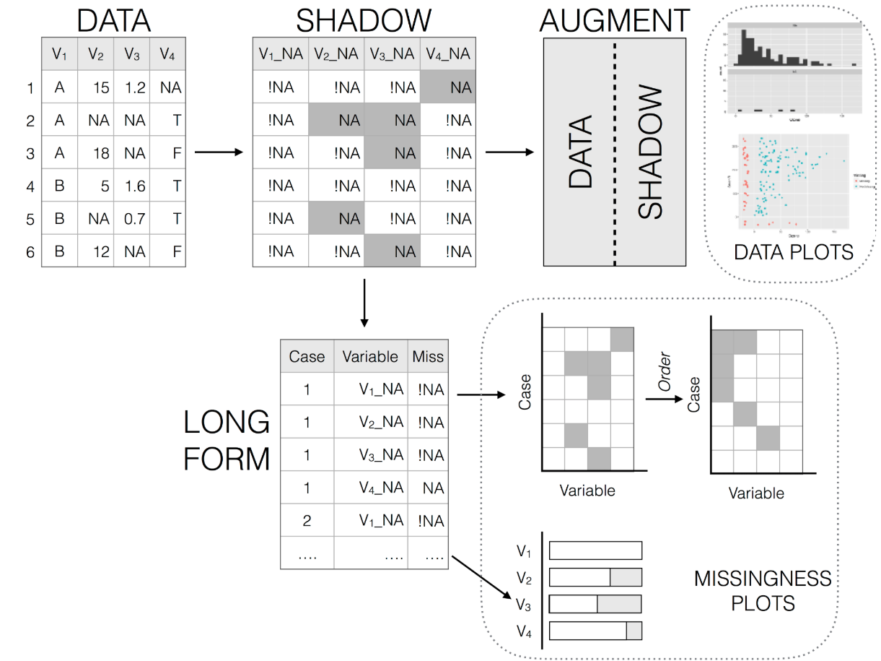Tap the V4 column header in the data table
pyautogui.click(x=167, y=53)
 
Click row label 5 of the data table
pyautogui.click(x=30, y=220)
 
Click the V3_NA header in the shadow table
pyautogui.click(x=392, y=53)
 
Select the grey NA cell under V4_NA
pyautogui.click(x=447, y=87)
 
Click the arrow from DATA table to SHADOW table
pyautogui.click(x=219, y=152)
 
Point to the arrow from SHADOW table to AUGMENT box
pyautogui.click(x=509, y=152)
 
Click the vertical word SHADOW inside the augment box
pyautogui.click(x=650, y=152)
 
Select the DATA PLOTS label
pyautogui.click(x=793, y=252)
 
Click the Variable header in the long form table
pyautogui.click(x=369, y=356)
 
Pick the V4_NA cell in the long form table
pyautogui.click(x=381, y=487)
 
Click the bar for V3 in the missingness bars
pyautogui.click(x=595, y=604)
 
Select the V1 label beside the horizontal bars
pyautogui.click(x=525, y=551)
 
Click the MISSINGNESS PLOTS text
pyautogui.click(x=762, y=591)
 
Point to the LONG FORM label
pyautogui.click(x=227, y=441)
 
